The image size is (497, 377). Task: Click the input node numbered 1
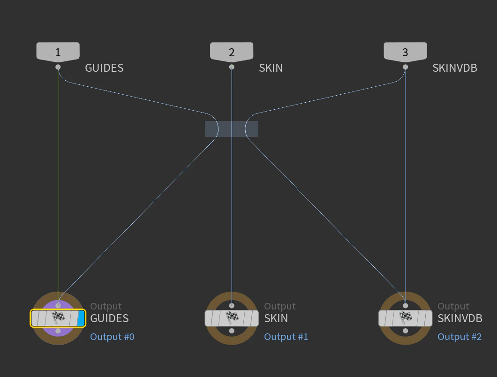coord(58,52)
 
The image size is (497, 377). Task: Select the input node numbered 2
coord(232,52)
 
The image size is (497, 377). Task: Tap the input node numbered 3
coord(406,52)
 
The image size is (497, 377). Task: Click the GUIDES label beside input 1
coord(104,68)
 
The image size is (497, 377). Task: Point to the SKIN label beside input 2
coord(271,68)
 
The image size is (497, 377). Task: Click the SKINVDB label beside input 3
coord(455,68)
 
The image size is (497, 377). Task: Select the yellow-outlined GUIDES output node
coord(58,318)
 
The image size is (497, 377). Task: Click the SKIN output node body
coord(232,318)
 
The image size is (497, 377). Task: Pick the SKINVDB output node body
coord(406,318)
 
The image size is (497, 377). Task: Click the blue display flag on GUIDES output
coord(81,318)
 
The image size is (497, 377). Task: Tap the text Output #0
coord(112,336)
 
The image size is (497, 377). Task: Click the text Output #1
coord(286,336)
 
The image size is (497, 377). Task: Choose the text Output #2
coord(459,336)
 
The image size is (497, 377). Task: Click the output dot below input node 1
coord(58,67)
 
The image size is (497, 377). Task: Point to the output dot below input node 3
coord(406,67)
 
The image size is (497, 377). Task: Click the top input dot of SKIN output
coord(232,306)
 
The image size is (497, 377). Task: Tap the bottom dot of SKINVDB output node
coord(406,331)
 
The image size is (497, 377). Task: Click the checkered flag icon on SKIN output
coord(232,317)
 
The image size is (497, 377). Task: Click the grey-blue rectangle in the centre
coord(232,129)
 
